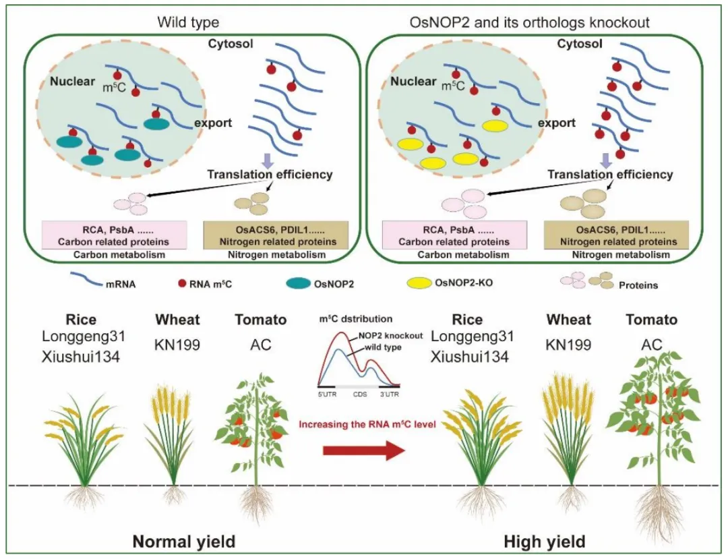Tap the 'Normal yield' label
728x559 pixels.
184,541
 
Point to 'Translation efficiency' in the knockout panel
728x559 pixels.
610,175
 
